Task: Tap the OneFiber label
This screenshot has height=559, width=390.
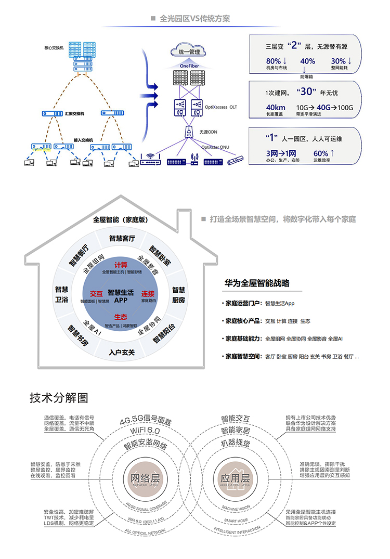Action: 189,67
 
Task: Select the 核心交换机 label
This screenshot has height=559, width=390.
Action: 54,48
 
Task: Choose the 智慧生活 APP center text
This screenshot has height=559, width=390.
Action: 121,296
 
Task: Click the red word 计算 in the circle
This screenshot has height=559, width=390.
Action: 121,265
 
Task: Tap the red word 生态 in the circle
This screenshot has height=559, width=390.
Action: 121,317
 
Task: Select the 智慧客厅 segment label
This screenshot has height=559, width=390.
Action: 122,239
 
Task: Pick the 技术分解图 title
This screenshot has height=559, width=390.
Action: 59,398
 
